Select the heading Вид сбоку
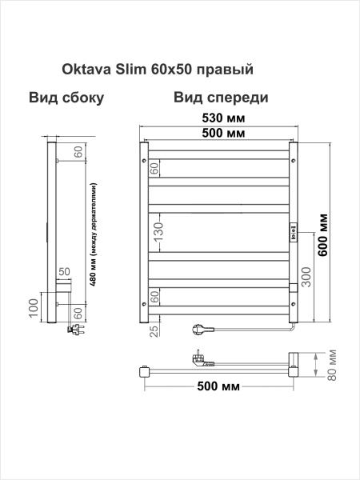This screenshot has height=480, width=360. coord(67,98)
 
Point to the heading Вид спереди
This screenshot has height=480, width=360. coord(219,98)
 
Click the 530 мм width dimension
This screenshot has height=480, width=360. coord(220,118)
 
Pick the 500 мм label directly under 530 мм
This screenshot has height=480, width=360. coord(220,133)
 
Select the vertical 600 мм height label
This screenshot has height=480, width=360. coord(324,232)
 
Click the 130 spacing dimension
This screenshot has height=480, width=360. coord(158,231)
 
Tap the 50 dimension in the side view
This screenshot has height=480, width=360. coord(64,274)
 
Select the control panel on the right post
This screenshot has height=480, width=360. coord(293,236)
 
